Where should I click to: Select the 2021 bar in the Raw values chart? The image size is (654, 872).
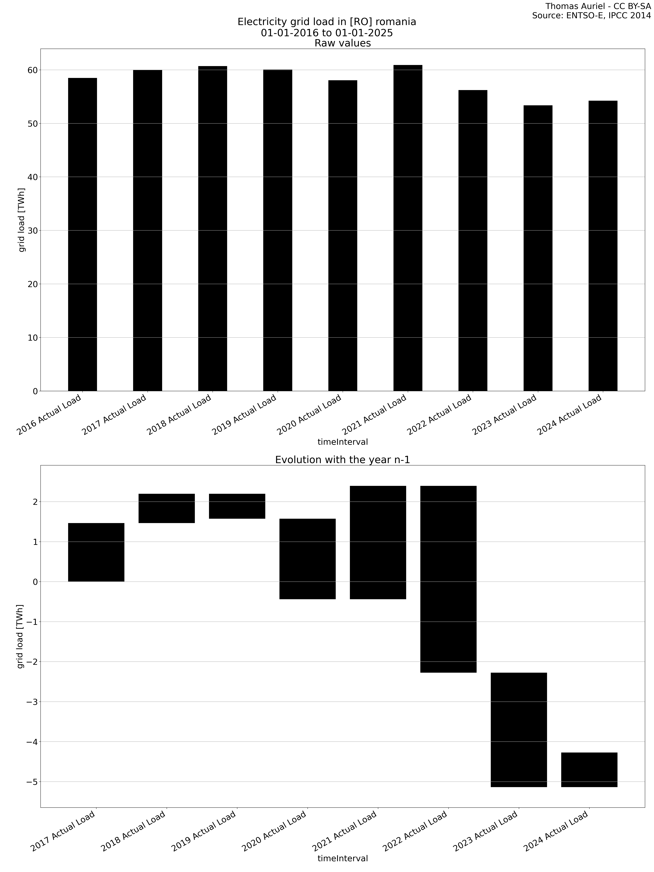(x=408, y=228)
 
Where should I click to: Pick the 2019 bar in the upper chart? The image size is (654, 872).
(x=278, y=230)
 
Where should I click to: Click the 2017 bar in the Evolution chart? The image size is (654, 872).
(x=96, y=552)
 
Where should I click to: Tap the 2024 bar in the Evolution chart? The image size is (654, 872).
(x=589, y=770)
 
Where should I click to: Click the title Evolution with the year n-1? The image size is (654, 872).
(x=342, y=460)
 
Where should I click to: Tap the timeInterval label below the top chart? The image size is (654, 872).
(x=342, y=442)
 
